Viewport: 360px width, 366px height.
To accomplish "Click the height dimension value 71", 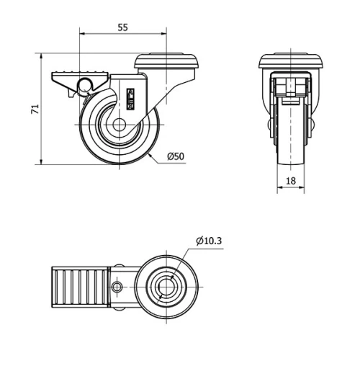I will tap(33, 108).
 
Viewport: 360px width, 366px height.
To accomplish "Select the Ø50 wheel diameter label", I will tap(176, 156).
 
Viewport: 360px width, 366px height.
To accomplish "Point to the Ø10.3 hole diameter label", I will tap(208, 241).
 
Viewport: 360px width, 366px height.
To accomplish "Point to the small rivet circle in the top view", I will tap(117, 288).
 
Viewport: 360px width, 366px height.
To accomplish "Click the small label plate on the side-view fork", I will tap(132, 97).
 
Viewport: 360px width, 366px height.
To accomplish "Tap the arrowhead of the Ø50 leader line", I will tap(149, 154).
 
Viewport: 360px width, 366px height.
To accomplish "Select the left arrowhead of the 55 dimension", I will tap(81, 33).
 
